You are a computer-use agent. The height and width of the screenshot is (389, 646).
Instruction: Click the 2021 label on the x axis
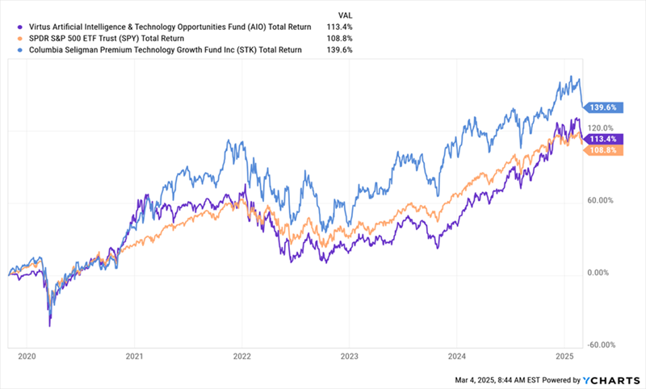click(x=134, y=355)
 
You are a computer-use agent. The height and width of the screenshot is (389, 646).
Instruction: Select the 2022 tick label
click(x=242, y=355)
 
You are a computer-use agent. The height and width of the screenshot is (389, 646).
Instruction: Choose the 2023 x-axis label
click(x=350, y=355)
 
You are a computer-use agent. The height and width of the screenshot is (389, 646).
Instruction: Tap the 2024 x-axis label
click(x=457, y=355)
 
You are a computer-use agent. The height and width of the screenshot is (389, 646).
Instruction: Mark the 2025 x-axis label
click(x=564, y=355)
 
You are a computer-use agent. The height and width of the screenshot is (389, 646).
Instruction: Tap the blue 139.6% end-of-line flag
click(x=601, y=107)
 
